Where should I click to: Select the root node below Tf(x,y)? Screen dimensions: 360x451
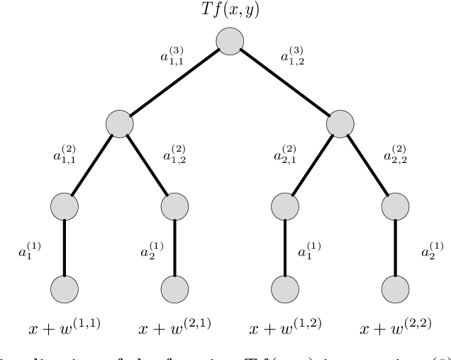[x=229, y=41]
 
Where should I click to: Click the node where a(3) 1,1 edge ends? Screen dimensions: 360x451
[x=119, y=124]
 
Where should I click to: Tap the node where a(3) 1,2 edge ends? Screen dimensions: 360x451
[x=340, y=124]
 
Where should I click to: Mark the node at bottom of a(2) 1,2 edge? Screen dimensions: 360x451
[x=174, y=207]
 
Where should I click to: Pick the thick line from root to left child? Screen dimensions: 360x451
[x=174, y=82]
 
